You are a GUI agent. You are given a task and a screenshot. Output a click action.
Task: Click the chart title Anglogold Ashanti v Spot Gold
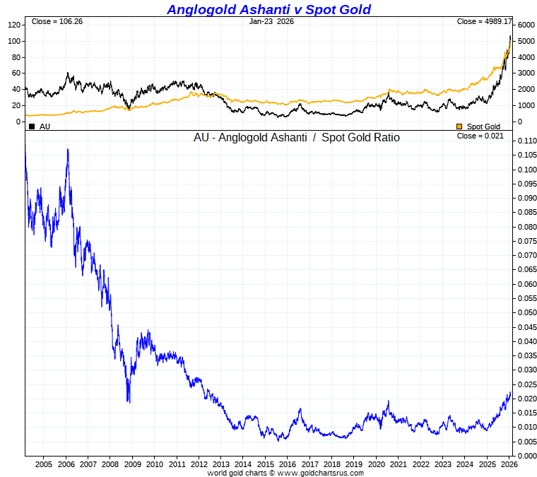click(268, 9)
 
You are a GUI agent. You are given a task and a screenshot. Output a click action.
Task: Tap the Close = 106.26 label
click(57, 21)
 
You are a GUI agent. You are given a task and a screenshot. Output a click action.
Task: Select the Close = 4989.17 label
click(484, 21)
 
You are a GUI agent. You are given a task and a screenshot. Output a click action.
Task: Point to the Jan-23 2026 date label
click(272, 21)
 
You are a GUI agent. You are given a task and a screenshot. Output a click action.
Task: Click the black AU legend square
click(32, 126)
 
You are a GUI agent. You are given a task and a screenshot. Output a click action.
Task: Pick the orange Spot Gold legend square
click(459, 126)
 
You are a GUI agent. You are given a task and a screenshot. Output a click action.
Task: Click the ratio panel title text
click(297, 138)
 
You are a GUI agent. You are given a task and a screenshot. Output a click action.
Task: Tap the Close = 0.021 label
click(480, 136)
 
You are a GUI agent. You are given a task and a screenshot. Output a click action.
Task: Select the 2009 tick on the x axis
click(133, 464)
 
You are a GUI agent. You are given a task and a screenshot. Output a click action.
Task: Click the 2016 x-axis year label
click(287, 464)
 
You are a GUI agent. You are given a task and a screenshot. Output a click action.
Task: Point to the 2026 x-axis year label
click(509, 464)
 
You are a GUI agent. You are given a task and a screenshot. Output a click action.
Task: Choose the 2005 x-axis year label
click(44, 464)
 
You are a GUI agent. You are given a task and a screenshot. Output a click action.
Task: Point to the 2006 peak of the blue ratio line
click(68, 149)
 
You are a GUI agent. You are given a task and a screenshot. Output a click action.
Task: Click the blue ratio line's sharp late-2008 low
click(128, 401)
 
